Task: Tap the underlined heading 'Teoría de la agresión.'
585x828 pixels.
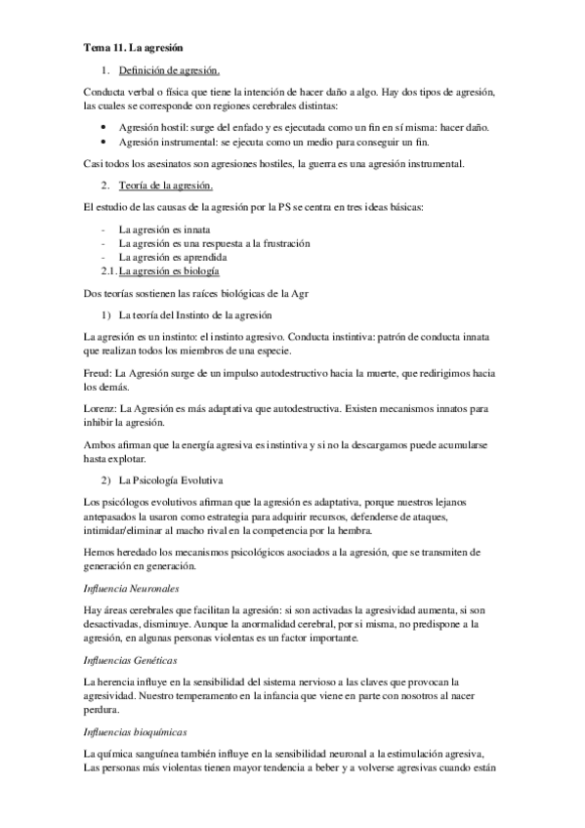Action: (165, 186)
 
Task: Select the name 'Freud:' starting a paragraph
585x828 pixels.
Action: (99, 374)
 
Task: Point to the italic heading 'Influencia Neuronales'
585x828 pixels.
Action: (132, 591)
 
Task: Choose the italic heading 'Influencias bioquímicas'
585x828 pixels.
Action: (137, 731)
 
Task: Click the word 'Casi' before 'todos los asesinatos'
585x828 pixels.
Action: (95, 163)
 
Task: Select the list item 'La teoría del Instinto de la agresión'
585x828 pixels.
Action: (201, 314)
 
